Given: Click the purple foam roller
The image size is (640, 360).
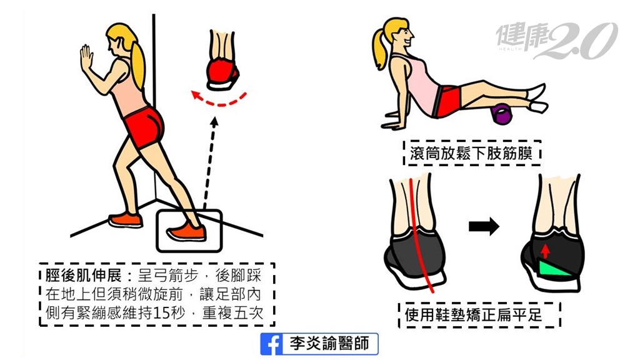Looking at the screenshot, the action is point(502,114).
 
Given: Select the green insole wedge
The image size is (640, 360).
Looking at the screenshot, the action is point(556,269).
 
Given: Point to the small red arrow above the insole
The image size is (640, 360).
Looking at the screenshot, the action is point(546,251).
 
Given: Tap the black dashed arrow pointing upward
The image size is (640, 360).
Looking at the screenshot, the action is point(210,162).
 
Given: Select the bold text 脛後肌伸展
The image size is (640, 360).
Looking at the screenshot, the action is point(84,276).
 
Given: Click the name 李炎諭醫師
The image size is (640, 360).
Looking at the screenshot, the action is point(329,344).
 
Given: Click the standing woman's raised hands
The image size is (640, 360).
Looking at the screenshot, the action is point(86,59).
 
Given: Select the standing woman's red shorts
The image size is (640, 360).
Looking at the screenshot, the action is point(144,125).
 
